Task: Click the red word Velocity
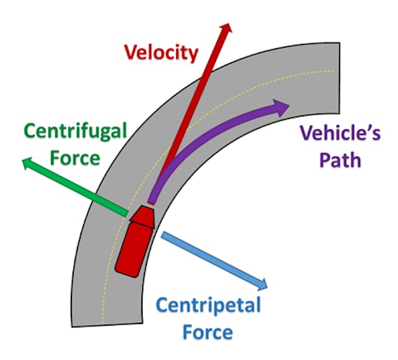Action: coord(162,52)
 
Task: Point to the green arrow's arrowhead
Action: coord(25,162)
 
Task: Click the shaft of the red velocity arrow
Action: coord(195,104)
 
